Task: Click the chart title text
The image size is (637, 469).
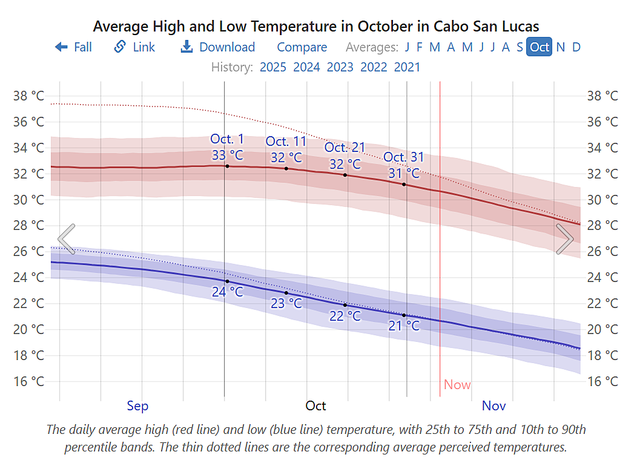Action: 315,27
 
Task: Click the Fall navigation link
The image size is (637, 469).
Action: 73,47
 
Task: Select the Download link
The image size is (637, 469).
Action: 218,47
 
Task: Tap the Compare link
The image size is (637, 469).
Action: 302,47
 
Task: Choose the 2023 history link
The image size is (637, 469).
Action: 340,67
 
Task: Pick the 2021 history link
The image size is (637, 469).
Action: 407,67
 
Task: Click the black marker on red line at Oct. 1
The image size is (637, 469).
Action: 227,166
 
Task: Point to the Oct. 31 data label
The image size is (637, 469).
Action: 404,157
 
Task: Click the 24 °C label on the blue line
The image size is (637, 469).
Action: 227,292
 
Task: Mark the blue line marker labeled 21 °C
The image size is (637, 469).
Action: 404,315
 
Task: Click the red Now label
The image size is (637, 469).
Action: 457,385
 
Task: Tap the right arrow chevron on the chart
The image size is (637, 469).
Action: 564,239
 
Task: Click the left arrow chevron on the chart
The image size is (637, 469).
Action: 67,239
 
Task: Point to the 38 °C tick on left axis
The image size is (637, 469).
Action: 28,96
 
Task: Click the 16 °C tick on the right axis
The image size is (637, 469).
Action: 602,381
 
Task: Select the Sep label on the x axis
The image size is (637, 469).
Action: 137,405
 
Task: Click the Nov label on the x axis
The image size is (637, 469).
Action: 493,405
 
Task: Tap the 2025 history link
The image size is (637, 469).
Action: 272,67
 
